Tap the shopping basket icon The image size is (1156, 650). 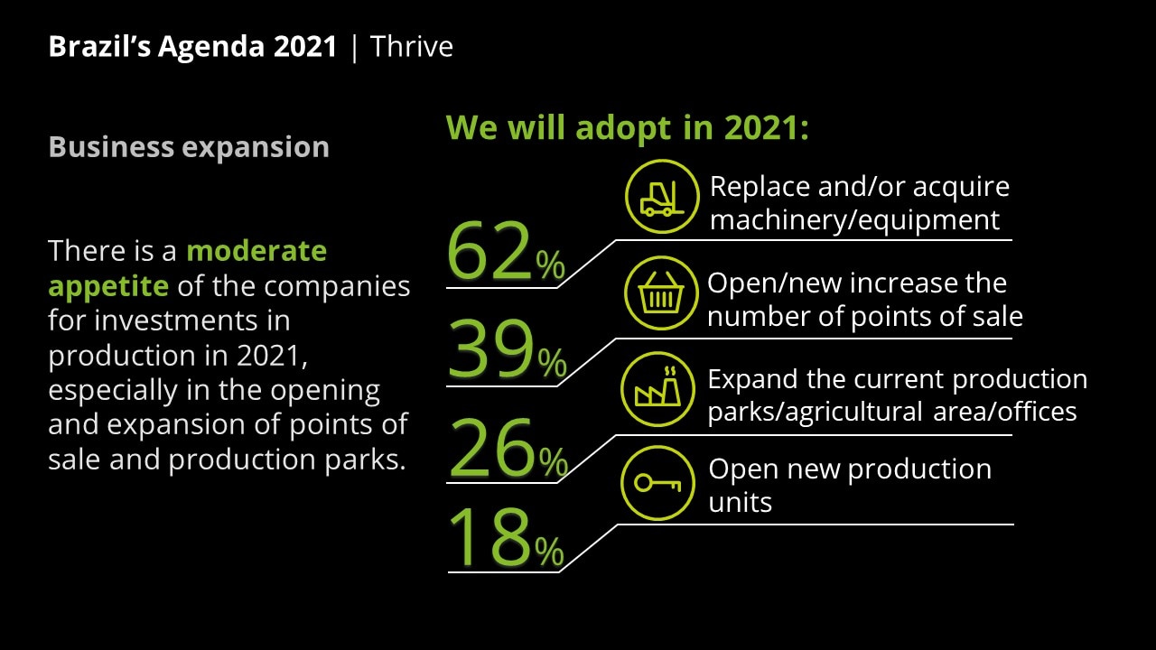pyautogui.click(x=661, y=293)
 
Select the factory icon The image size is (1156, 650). pyautogui.click(x=658, y=389)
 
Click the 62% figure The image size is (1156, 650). pyautogui.click(x=507, y=251)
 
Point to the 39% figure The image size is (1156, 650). pyautogui.click(x=508, y=348)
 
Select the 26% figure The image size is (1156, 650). pyautogui.click(x=508, y=446)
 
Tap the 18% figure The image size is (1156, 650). pyautogui.click(x=507, y=537)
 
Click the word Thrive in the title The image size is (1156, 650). pyautogui.click(x=411, y=46)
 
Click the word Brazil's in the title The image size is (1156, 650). pyautogui.click(x=99, y=46)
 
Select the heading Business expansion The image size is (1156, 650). pyautogui.click(x=189, y=147)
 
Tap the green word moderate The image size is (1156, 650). pyautogui.click(x=256, y=251)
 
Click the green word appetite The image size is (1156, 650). pyautogui.click(x=108, y=287)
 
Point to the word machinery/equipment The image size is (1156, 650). pyautogui.click(x=854, y=220)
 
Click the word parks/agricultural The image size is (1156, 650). pyautogui.click(x=815, y=413)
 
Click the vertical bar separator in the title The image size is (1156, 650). pyautogui.click(x=354, y=48)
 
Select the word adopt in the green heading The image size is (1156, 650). pyautogui.click(x=623, y=128)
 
